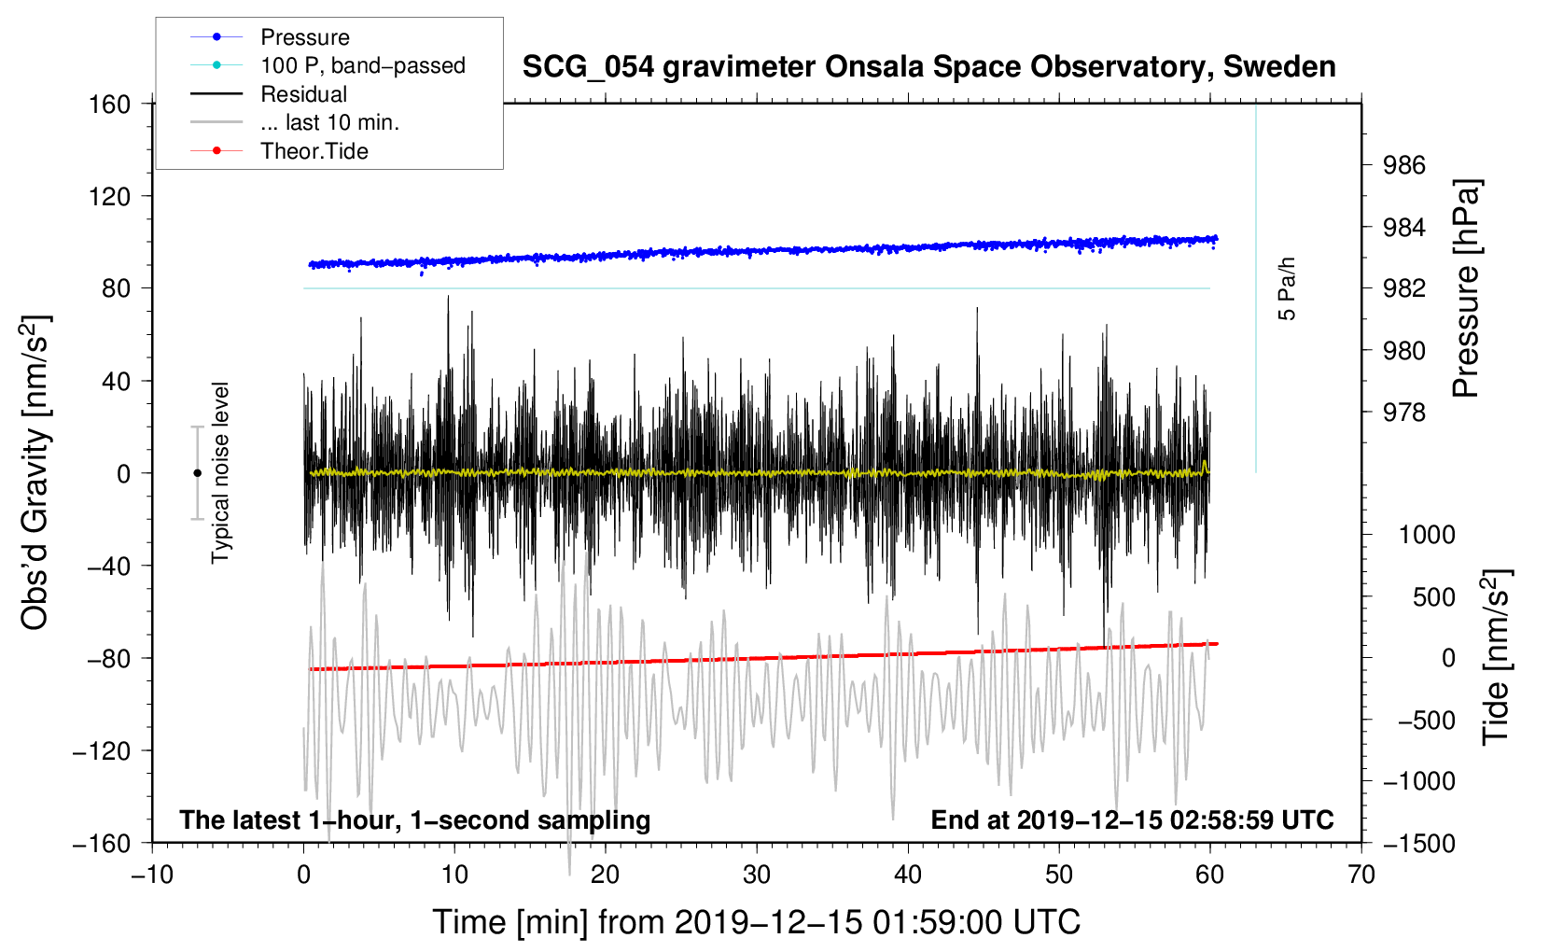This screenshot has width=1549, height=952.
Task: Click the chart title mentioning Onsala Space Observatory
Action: (928, 67)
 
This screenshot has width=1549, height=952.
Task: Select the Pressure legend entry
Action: (304, 37)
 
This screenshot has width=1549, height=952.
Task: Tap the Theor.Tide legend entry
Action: (314, 151)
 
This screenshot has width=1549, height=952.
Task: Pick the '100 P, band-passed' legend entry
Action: (362, 65)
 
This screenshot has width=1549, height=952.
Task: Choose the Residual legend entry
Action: (303, 94)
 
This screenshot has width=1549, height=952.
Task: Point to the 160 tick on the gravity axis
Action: (110, 105)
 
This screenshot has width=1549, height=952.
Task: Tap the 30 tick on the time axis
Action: (756, 875)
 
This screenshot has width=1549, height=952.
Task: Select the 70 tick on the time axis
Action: (1361, 875)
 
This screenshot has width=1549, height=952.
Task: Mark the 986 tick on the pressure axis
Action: (1404, 166)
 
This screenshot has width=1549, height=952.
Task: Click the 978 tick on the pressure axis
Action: (1404, 413)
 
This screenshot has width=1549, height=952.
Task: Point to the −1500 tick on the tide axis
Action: (1419, 844)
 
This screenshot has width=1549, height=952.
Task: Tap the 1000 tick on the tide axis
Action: (1427, 535)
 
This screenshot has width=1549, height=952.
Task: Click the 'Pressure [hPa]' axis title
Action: (1466, 289)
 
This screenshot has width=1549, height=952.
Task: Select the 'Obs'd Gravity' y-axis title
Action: (35, 472)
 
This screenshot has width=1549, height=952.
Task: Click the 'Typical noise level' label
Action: (220, 472)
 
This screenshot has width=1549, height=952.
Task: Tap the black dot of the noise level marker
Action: (197, 473)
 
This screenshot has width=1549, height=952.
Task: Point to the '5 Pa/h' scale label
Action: (1287, 288)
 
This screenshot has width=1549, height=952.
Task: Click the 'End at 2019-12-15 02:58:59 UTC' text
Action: (1132, 820)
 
